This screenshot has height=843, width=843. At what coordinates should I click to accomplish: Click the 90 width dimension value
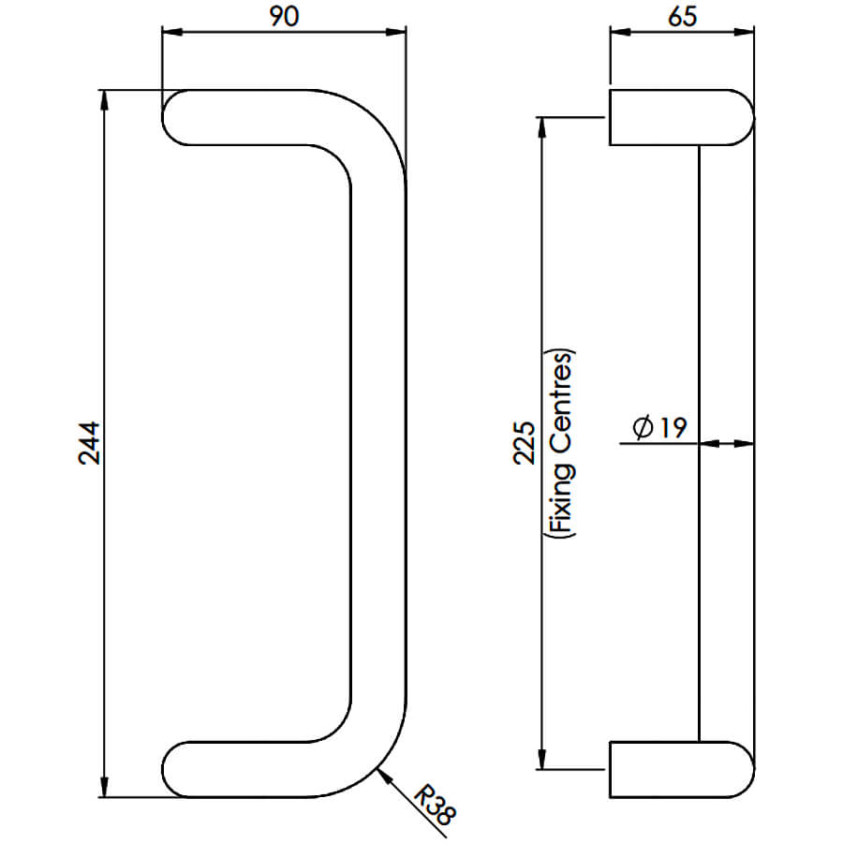coord(284,16)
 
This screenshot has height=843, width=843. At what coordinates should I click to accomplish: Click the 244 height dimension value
coord(89,442)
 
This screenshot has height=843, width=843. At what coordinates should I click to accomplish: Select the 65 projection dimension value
coord(682,16)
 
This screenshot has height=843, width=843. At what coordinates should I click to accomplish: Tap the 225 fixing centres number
coord(525,442)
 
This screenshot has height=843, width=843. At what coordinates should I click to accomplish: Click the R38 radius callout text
coord(436,806)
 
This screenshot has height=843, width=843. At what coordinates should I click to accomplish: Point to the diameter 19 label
coord(660,427)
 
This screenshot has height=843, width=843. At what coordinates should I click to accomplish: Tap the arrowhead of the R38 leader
coord(384,775)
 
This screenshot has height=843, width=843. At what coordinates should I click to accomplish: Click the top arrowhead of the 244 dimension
coord(104,99)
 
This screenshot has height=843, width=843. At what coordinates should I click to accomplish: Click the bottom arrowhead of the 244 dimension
coord(104,787)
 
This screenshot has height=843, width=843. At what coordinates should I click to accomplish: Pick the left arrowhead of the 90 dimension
coord(172,32)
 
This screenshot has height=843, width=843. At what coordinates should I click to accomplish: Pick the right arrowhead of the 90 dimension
coord(395,32)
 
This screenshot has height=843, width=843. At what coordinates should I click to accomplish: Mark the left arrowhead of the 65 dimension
coord(620,32)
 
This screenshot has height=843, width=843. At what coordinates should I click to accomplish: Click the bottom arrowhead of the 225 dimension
coord(542,759)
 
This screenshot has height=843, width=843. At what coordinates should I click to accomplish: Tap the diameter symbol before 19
coord(643,428)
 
